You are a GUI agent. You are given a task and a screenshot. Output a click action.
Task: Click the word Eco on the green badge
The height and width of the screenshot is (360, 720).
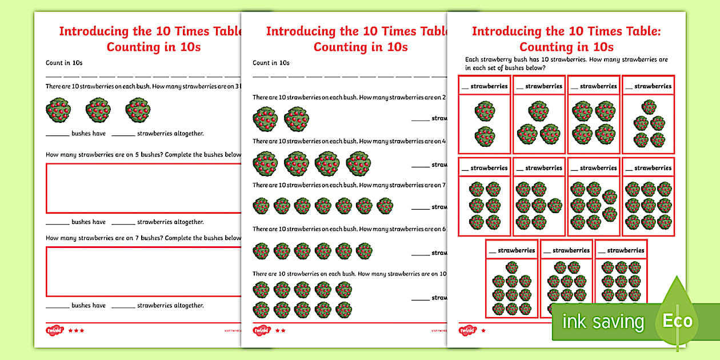(677, 321)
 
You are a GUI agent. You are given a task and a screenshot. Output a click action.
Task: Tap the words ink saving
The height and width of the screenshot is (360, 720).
(603, 322)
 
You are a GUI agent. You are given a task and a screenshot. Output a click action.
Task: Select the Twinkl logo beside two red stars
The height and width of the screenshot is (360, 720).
(261, 330)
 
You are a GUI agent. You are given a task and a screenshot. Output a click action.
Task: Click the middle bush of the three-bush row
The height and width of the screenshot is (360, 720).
(98, 110)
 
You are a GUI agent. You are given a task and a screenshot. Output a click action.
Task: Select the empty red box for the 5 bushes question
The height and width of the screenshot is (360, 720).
(143, 189)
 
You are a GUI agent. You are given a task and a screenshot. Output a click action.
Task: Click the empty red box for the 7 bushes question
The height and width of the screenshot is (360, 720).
(143, 271)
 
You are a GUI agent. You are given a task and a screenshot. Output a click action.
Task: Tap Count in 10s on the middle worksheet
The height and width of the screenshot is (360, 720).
(271, 63)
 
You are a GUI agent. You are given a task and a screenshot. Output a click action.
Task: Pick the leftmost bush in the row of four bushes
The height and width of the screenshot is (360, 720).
(266, 163)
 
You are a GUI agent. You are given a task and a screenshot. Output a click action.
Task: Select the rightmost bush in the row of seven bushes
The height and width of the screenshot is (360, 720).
(385, 206)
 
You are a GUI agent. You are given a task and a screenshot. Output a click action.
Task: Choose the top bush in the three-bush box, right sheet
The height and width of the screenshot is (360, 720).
(538, 111)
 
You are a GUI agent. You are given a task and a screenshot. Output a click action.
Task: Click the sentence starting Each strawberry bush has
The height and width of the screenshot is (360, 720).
(566, 59)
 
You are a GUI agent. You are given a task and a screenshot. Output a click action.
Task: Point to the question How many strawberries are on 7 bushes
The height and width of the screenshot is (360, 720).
(143, 238)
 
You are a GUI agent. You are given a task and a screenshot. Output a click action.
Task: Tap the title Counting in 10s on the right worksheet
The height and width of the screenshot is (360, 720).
(566, 46)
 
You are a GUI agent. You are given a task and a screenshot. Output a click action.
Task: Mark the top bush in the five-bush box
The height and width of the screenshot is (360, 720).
(649, 106)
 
